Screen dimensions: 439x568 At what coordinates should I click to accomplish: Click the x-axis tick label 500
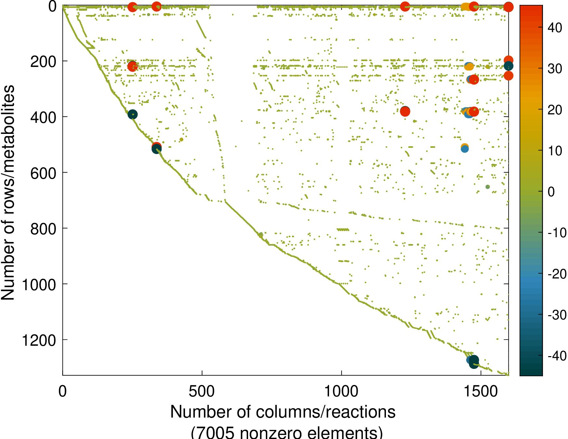[202, 392]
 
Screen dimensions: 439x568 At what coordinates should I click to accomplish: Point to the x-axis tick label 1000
[341, 392]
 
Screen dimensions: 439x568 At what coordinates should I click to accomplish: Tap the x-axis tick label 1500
[481, 392]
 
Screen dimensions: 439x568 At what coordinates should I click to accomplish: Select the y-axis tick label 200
[43, 61]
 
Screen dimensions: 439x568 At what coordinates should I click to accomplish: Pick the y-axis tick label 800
[43, 229]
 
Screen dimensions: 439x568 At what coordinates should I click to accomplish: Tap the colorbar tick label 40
[555, 28]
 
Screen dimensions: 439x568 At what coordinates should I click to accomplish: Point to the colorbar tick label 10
[555, 151]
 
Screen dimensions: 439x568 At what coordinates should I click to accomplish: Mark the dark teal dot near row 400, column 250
[132, 114]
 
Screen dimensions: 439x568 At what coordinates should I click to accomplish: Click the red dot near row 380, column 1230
[405, 111]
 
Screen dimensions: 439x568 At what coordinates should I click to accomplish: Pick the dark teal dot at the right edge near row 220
[509, 66]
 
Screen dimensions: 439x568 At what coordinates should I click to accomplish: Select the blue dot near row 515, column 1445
[465, 149]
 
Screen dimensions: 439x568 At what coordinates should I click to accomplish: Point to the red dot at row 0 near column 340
[157, 6]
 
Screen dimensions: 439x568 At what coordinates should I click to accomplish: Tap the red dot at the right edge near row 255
[509, 76]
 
